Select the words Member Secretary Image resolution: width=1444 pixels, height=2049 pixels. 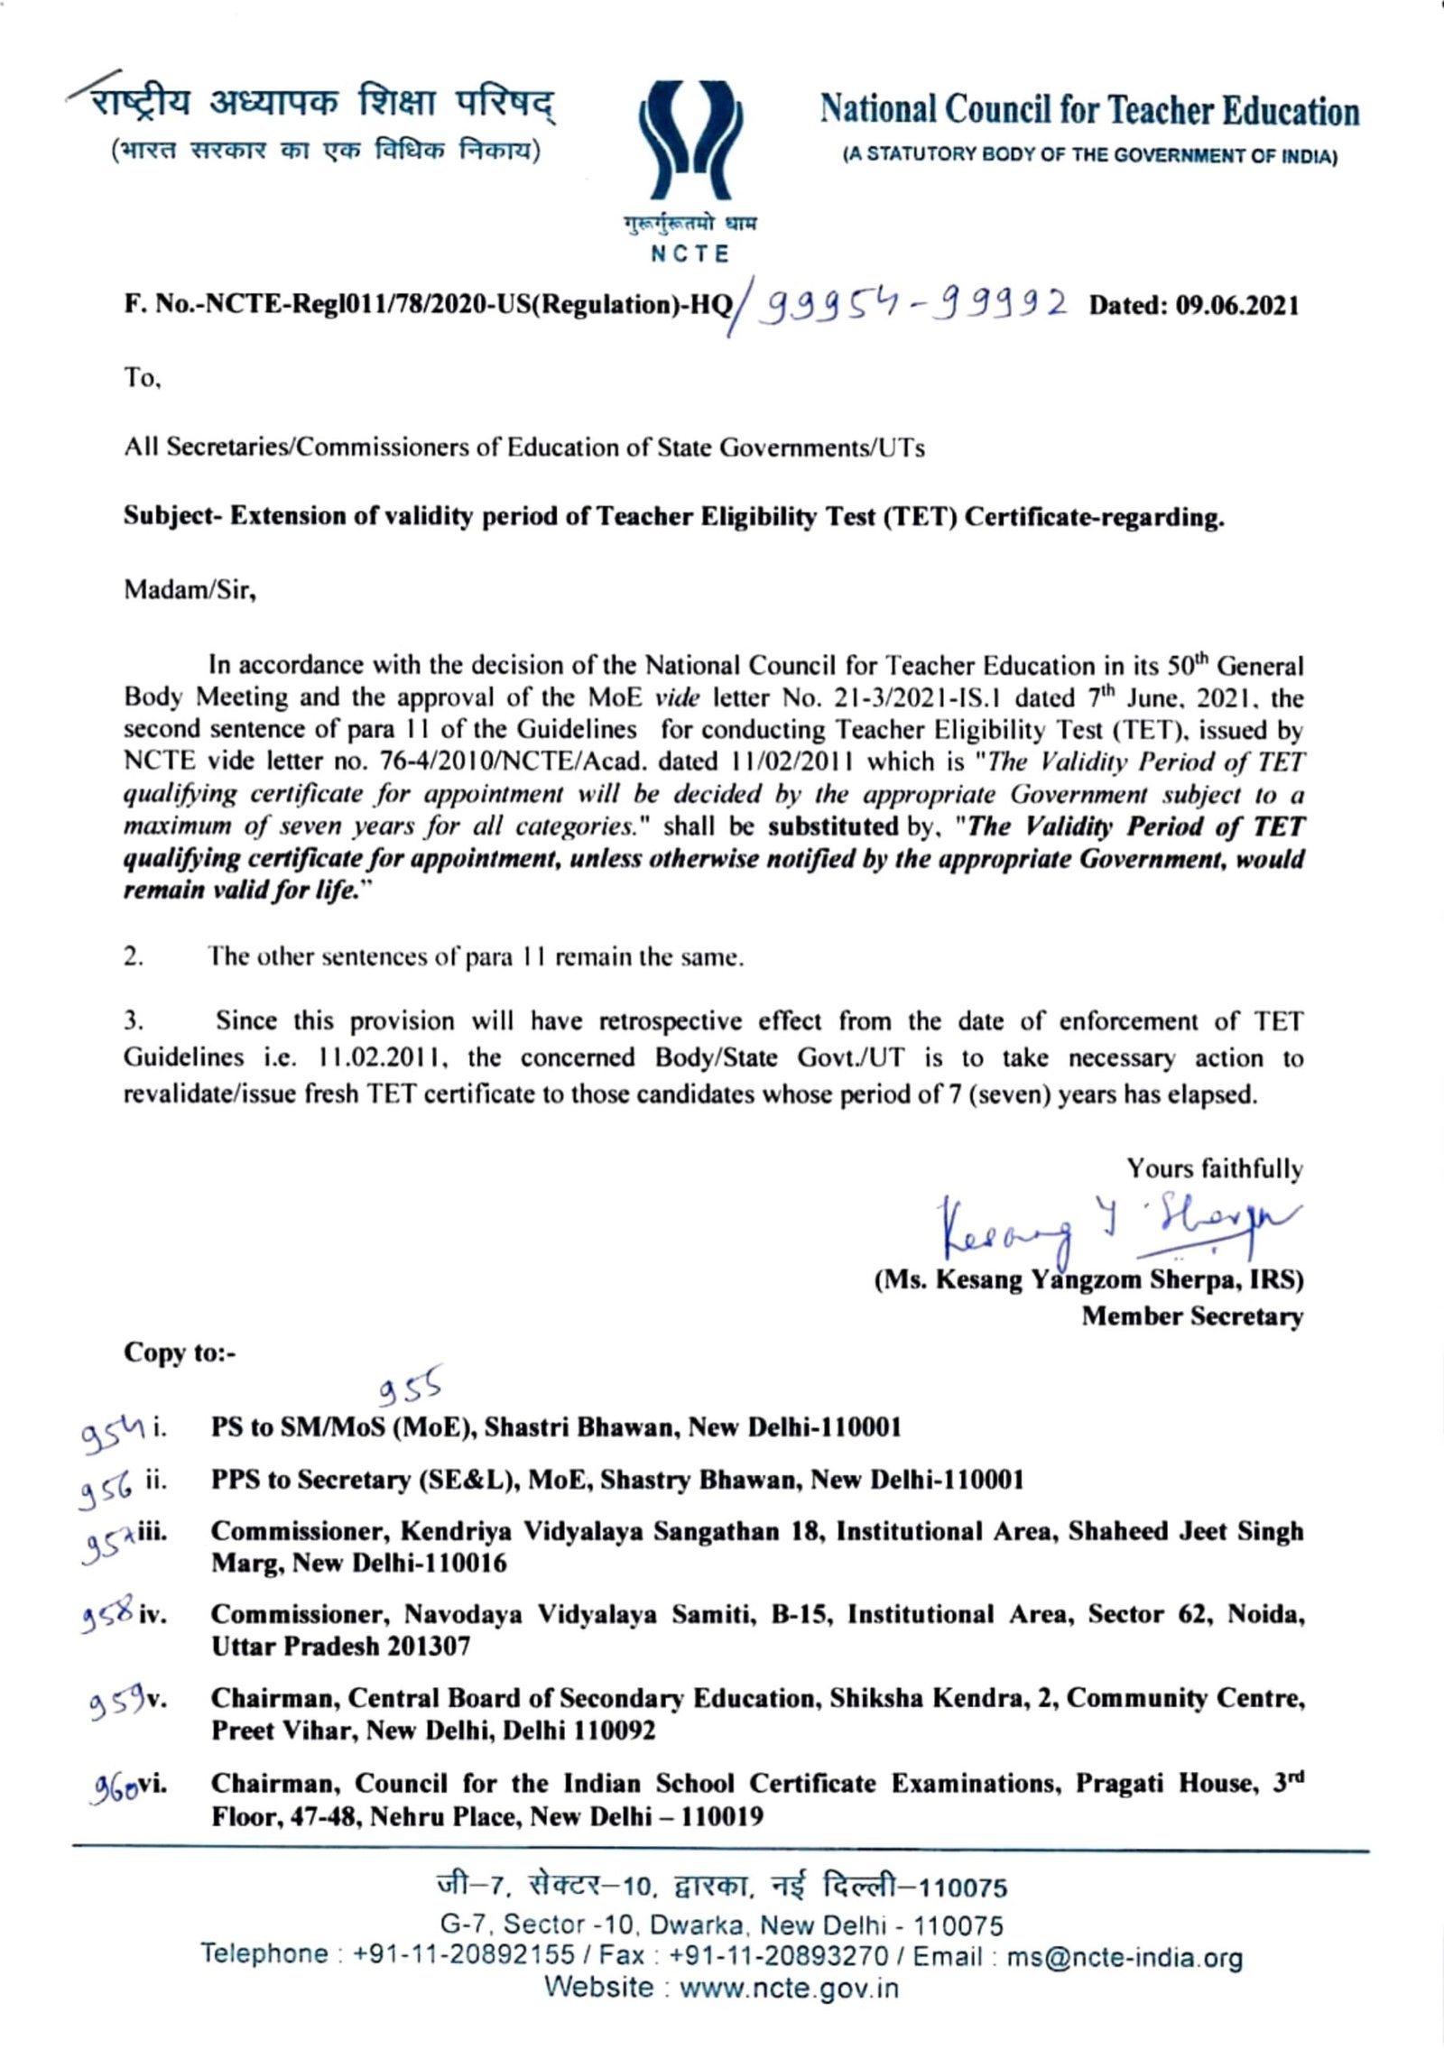click(1192, 1316)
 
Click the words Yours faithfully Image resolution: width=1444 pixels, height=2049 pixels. click(1214, 1169)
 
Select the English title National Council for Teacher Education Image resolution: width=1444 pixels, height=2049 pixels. click(1089, 112)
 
